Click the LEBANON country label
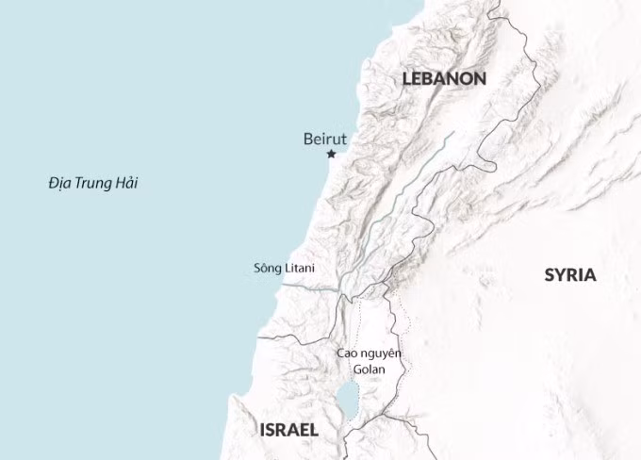(x=444, y=79)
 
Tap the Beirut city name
(x=325, y=139)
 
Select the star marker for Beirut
(x=331, y=154)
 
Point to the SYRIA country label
(x=570, y=275)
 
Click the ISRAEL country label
(x=288, y=430)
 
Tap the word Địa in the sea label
(x=60, y=183)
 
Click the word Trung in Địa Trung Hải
(x=92, y=183)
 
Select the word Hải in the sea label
(x=124, y=183)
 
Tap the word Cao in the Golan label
(x=347, y=353)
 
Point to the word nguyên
(x=382, y=354)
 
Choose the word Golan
(x=369, y=369)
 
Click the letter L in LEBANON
(x=407, y=79)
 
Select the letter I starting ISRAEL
(x=261, y=430)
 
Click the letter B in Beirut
(x=308, y=139)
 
